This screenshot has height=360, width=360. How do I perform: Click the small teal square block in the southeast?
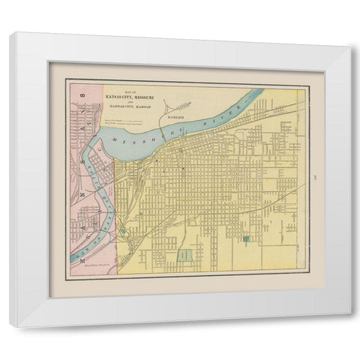[x=246, y=239]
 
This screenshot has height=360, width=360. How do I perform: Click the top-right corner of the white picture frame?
[x=349, y=34]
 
